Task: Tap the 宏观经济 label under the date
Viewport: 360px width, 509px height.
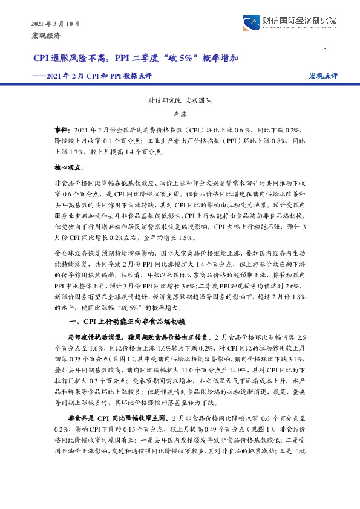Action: (47, 36)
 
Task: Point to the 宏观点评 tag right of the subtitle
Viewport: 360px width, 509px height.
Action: (323, 76)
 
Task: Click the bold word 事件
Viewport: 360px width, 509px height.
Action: (62, 130)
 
